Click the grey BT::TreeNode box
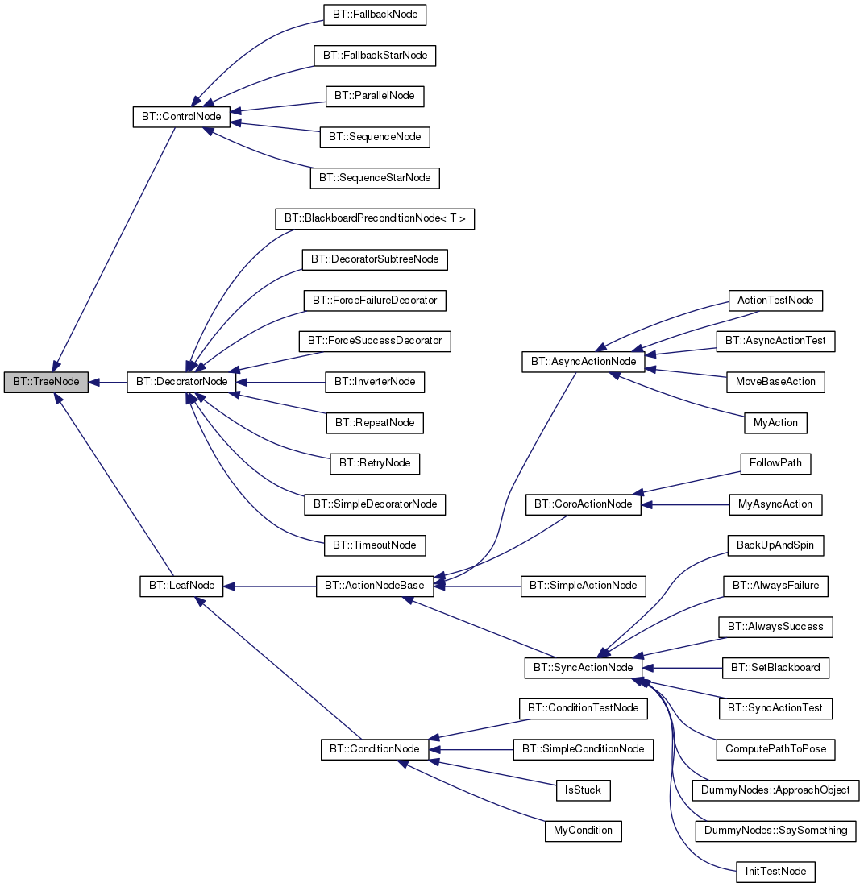45,382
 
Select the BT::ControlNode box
181,117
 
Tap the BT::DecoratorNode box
181,382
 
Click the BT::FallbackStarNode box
375,56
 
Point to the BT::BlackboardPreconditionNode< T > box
375,218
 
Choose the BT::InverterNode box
375,382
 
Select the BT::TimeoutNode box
375,545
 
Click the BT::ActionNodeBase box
375,586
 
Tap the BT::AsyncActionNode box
584,362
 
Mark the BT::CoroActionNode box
584,504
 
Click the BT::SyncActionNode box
584,668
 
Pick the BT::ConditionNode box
375,749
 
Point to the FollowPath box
775,464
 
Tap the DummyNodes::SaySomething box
775,831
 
